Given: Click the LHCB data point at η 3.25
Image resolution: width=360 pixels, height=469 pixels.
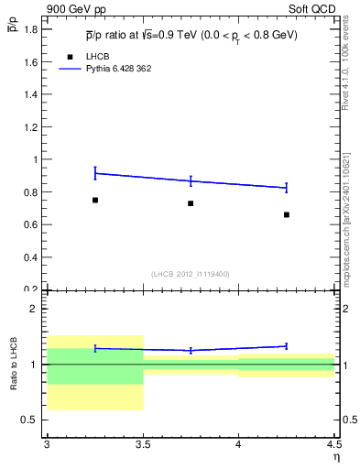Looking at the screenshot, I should coord(94,200).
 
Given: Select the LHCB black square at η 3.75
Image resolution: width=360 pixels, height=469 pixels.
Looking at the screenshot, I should coord(191,203).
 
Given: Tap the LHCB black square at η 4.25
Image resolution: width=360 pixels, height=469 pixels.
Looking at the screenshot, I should coord(287,214).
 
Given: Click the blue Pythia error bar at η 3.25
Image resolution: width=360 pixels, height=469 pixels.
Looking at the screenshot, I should coord(94,173).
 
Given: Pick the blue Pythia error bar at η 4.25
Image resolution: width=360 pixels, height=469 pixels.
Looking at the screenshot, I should coord(287,188).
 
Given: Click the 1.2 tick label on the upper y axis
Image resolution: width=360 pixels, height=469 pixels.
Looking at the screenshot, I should coord(32,126).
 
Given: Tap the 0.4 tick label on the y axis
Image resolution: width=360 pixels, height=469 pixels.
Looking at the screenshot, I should coord(32,256).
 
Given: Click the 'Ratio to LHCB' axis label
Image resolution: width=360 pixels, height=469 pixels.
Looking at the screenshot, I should coord(14,364).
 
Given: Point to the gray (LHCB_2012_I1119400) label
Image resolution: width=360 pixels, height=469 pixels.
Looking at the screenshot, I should coord(191,274).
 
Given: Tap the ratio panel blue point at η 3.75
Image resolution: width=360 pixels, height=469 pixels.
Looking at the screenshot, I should coord(191,350).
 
